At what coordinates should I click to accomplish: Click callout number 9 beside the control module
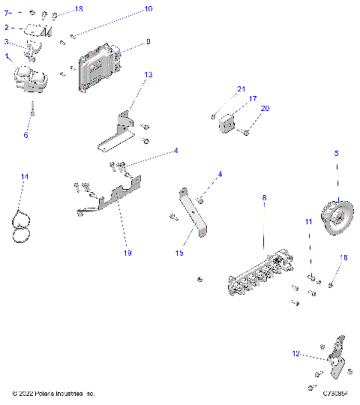pos(148,42)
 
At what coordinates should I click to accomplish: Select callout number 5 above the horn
pos(336,153)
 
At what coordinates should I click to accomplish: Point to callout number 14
pos(24,176)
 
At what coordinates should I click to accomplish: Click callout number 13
pos(148,75)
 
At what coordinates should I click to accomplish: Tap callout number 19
pos(127,253)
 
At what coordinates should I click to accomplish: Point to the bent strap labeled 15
pos(195,214)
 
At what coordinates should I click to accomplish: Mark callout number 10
pos(148,9)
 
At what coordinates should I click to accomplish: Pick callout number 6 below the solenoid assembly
pos(25,135)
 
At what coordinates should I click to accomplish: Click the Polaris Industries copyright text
pos(54,393)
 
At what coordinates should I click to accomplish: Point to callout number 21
pos(241,89)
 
